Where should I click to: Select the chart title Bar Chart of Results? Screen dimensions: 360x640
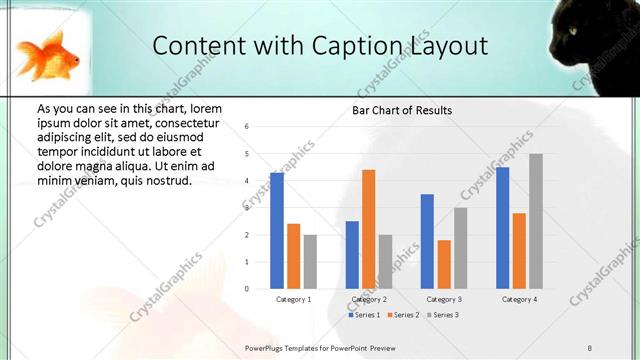pos(402,110)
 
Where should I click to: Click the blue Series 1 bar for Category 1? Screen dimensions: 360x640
pos(277,231)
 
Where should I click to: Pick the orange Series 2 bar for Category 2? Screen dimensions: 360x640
pos(369,229)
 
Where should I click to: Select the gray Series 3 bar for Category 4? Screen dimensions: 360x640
pos(536,221)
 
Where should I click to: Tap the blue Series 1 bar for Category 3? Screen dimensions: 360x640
pos(427,241)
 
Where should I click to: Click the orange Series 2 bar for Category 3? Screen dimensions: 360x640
pos(444,264)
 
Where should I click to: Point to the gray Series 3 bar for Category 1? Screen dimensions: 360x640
pos(310,262)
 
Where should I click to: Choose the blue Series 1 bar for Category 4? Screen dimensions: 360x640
pos(502,228)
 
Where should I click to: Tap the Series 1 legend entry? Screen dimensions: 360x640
pos(363,315)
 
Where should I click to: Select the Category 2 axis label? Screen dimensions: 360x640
pos(369,300)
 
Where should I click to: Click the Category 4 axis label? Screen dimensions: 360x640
pos(519,300)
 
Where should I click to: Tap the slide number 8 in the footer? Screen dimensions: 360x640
pos(590,347)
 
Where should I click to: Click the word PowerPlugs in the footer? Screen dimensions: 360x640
pos(265,347)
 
